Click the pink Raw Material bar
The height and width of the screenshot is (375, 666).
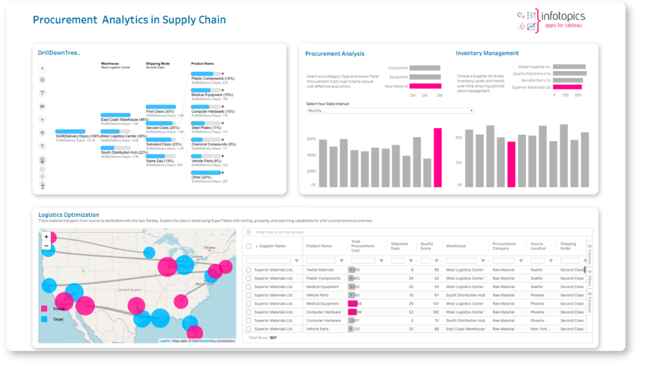point(425,86)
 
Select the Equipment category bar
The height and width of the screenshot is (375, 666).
point(425,77)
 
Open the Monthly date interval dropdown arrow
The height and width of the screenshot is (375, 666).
point(471,111)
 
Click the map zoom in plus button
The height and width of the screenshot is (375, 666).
point(46,237)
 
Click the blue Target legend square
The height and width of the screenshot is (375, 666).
point(44,319)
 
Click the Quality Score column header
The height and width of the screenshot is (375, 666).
point(427,246)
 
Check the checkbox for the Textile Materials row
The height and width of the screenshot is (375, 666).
point(248,270)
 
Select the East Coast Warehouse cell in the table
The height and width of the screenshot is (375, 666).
point(465,329)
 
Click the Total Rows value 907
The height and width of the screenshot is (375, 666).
point(273,338)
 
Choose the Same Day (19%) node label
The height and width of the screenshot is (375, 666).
point(160,161)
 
